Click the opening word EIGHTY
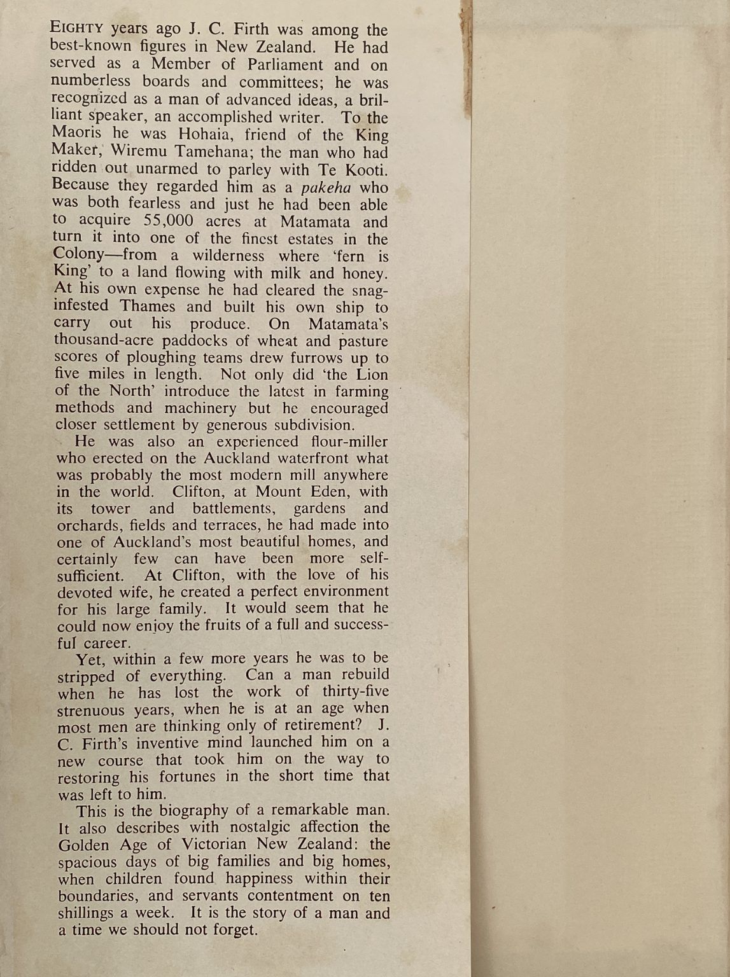coord(76,29)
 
